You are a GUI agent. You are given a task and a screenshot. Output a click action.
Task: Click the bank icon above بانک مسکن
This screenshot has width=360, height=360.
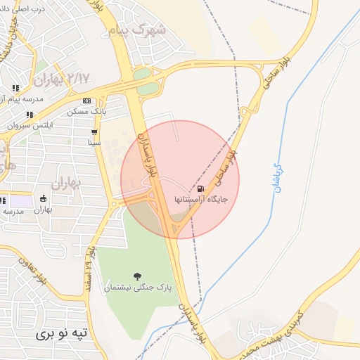[86, 101]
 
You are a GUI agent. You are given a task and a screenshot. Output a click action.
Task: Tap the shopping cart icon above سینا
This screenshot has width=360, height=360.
[94, 131]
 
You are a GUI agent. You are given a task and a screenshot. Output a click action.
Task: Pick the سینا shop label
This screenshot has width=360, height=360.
[94, 142]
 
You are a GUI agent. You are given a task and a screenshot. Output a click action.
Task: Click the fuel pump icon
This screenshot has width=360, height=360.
[202, 188]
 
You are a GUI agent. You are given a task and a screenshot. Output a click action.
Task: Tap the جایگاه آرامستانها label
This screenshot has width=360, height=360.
[202, 200]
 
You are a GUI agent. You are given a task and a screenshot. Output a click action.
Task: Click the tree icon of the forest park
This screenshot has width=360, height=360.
[136, 276]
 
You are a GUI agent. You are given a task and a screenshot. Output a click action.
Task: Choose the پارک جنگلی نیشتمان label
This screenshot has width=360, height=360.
[136, 287]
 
